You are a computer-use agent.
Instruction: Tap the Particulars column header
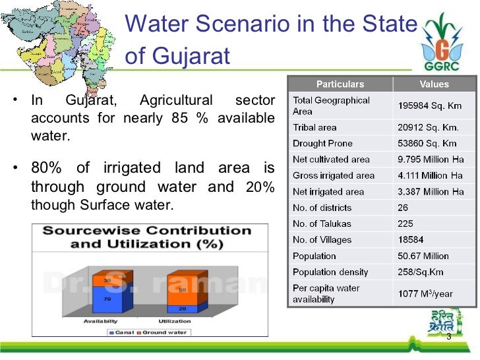pyautogui.click(x=340, y=84)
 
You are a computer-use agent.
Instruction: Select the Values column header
pyautogui.click(x=433, y=84)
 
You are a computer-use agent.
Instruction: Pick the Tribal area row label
pyautogui.click(x=315, y=127)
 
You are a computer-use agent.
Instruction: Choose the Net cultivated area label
pyautogui.click(x=331, y=160)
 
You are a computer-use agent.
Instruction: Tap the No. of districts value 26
pyautogui.click(x=404, y=208)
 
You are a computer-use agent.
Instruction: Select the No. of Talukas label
pyautogui.click(x=322, y=224)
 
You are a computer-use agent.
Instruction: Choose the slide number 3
pyautogui.click(x=448, y=338)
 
